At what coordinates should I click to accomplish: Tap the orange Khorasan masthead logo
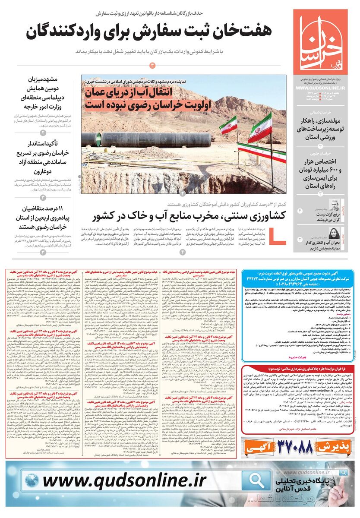[320, 41]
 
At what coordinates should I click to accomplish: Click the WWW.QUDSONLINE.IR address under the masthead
[320, 88]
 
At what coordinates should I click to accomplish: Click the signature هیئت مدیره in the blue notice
[312, 358]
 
